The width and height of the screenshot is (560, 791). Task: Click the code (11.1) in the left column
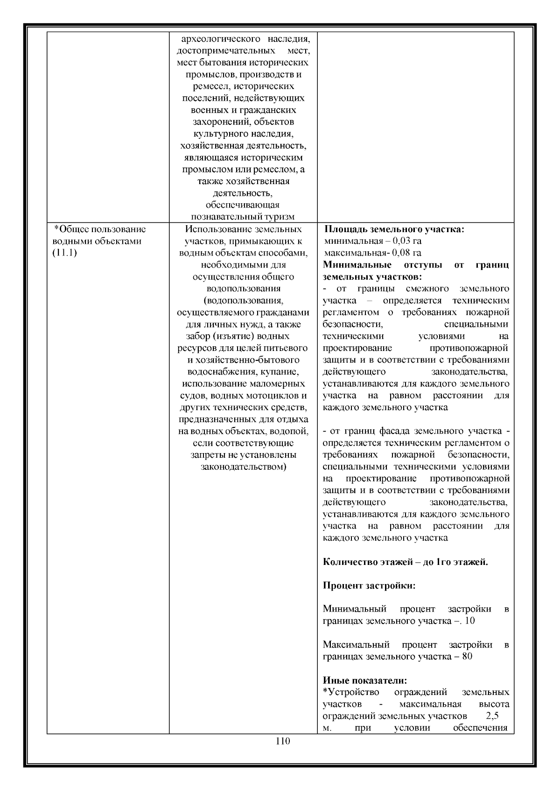(x=64, y=253)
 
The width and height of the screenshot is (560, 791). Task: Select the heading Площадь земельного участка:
(x=394, y=229)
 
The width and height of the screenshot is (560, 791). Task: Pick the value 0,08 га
(x=407, y=253)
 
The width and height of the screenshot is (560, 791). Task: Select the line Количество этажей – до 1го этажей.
(x=405, y=562)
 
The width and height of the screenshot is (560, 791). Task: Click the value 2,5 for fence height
(x=492, y=716)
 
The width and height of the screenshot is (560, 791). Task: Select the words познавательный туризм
(x=243, y=217)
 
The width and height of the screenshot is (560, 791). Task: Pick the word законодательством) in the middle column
(x=243, y=466)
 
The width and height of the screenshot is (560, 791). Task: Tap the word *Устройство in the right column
(x=350, y=692)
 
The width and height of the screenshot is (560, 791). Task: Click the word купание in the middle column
(x=280, y=372)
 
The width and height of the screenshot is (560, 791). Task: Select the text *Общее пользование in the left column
(x=100, y=229)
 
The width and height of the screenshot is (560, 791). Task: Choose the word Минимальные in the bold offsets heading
(x=357, y=265)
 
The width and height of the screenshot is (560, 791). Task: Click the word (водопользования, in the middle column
(x=243, y=301)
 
